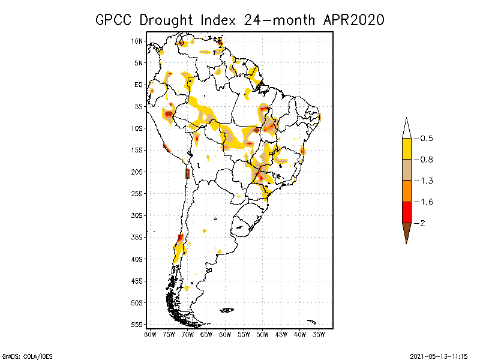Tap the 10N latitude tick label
tap(137, 41)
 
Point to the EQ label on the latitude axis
tap(139, 85)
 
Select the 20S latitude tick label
tap(137, 172)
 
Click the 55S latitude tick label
tap(137, 324)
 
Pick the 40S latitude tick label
tap(137, 259)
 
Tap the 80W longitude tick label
tap(150, 334)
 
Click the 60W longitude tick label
tap(225, 334)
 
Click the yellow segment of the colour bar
tap(406, 149)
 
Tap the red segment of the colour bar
tap(406, 212)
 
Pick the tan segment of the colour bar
tap(406, 170)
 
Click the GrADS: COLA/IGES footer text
tap(27, 356)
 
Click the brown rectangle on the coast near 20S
tap(187, 173)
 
